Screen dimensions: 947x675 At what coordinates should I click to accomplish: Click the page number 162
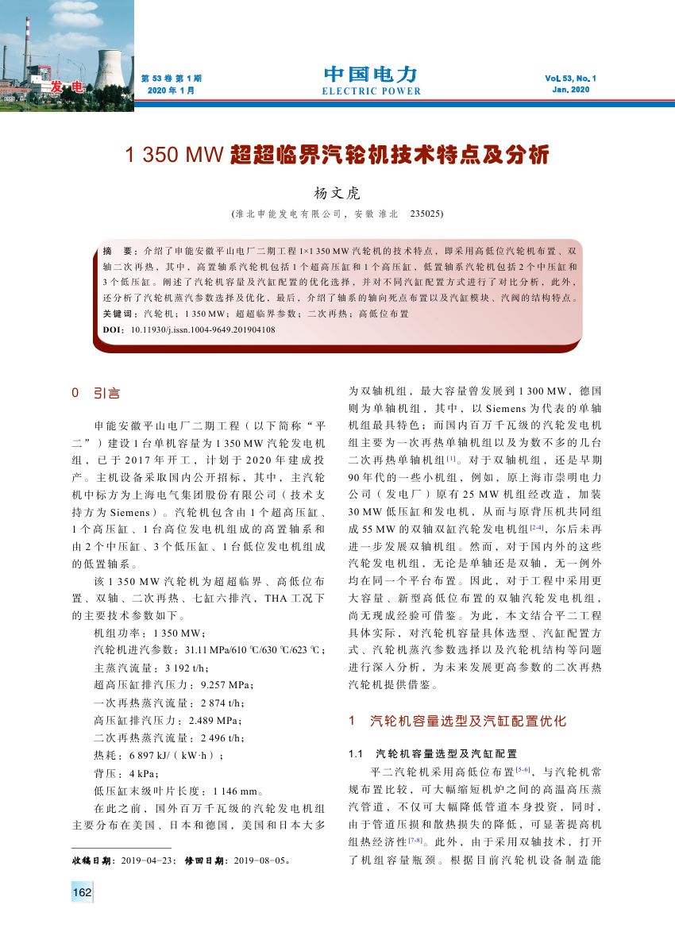[82, 892]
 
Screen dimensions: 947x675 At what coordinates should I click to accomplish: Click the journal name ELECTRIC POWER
[371, 91]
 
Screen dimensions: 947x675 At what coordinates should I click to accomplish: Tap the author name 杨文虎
[337, 193]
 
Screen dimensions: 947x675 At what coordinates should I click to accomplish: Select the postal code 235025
[426, 214]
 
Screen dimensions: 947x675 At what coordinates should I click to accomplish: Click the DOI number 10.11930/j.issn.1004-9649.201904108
[203, 329]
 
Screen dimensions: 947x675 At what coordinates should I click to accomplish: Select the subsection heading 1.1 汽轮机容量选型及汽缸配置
[433, 753]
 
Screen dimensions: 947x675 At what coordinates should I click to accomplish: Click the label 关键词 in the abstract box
[120, 314]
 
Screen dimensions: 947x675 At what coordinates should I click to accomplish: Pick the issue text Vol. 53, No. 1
[570, 79]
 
